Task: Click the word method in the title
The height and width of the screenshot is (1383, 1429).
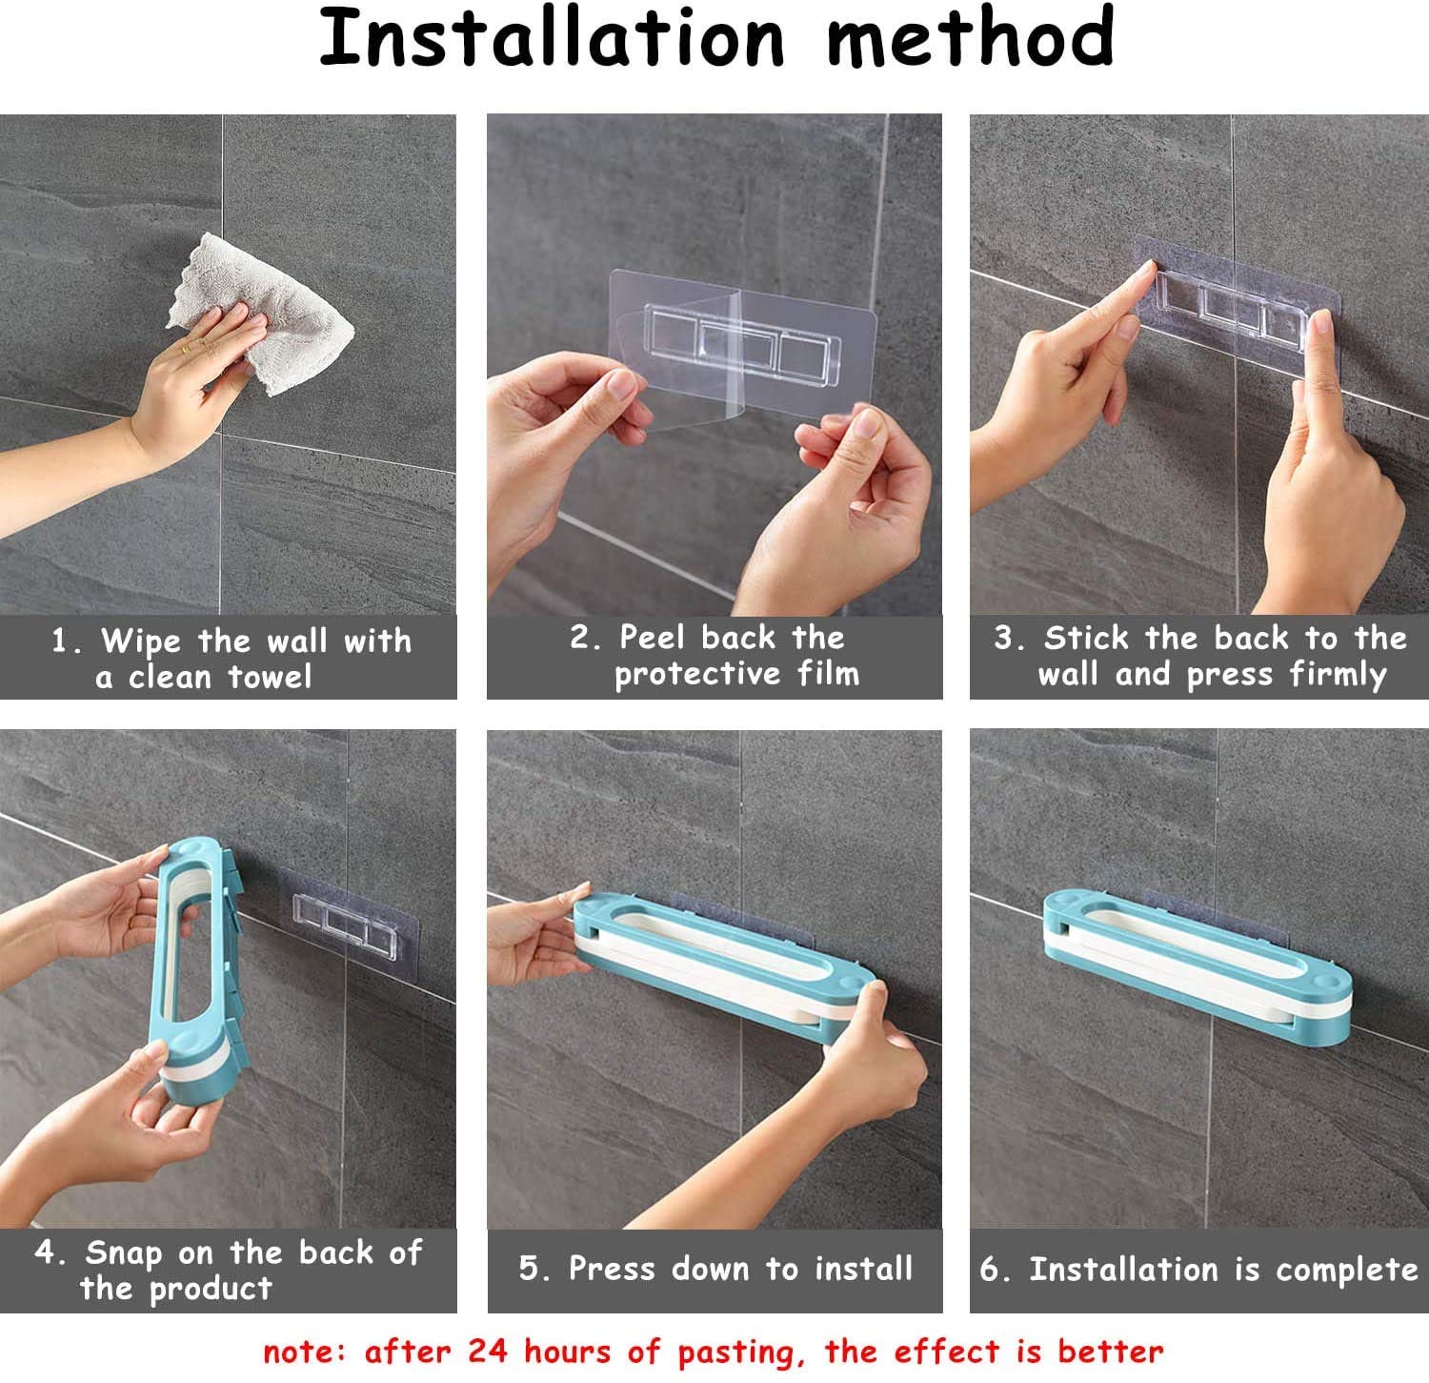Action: tap(969, 38)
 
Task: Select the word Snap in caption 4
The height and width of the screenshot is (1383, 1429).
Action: tap(123, 1252)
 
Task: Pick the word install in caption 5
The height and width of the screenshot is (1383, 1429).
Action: tap(863, 1269)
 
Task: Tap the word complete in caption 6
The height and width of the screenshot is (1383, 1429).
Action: tap(1346, 1270)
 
